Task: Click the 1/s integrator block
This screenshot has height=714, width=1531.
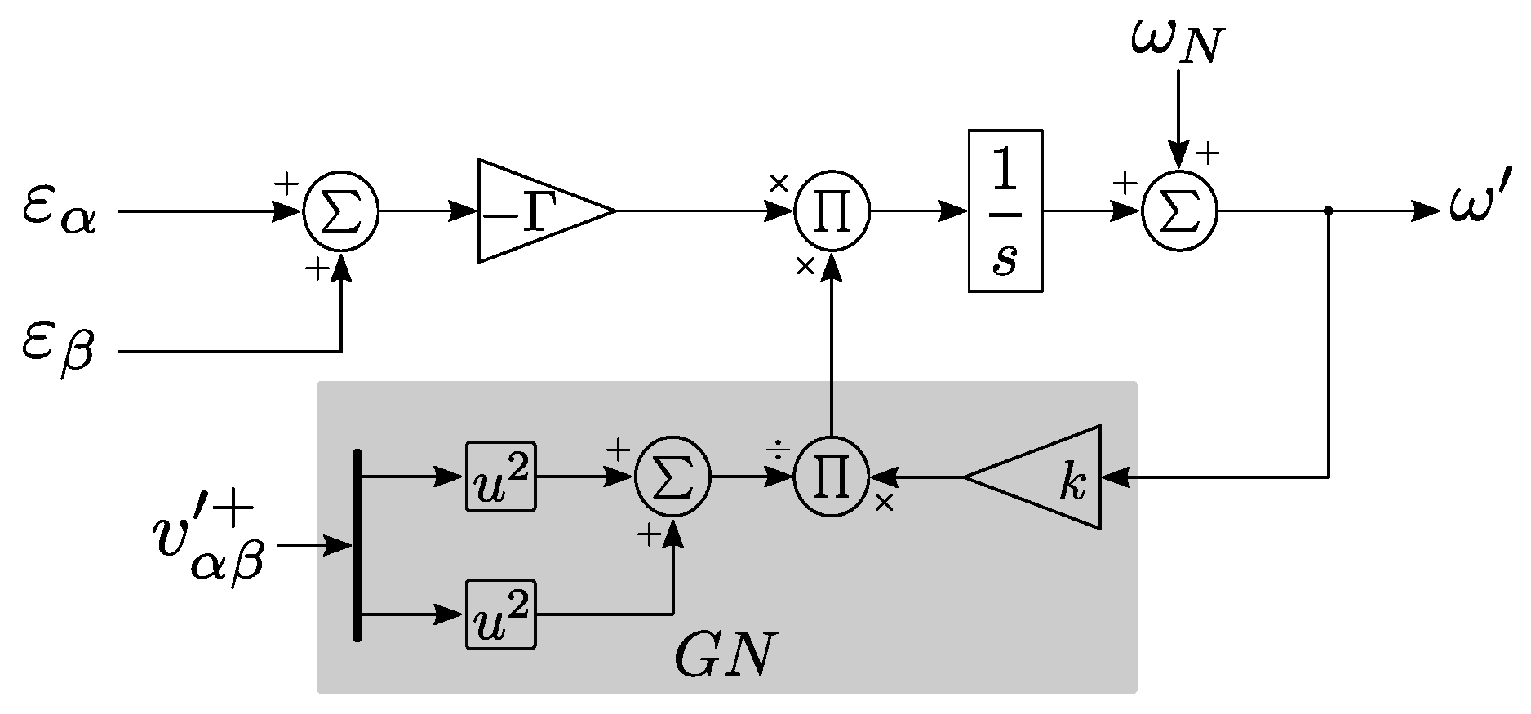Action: click(1005, 211)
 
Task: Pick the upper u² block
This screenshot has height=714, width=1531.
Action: click(500, 477)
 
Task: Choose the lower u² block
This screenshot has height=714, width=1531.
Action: click(500, 614)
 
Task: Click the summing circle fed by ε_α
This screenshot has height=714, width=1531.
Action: click(340, 211)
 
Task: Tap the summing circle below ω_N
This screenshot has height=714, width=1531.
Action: click(1178, 211)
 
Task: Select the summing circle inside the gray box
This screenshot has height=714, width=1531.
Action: click(672, 477)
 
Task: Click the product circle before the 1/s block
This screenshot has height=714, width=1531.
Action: click(832, 211)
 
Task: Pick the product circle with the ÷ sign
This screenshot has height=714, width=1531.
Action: click(832, 477)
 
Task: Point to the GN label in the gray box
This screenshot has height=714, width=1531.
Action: click(722, 654)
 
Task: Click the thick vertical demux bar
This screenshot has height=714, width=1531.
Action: click(357, 545)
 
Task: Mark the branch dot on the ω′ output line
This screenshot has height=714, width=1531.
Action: click(1329, 211)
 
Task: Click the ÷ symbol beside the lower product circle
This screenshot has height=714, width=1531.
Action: click(777, 450)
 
